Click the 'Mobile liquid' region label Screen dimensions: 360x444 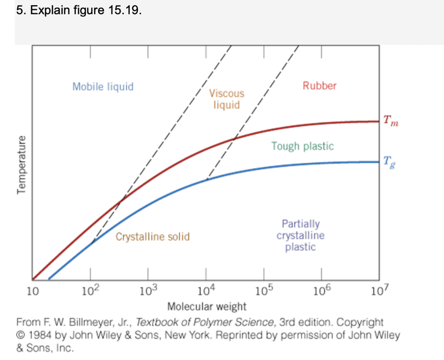[x=103, y=87]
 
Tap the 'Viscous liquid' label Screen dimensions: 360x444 [x=226, y=99]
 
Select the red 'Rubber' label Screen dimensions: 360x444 [x=320, y=86]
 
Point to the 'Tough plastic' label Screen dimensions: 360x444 [x=303, y=146]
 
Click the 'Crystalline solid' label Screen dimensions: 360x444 [x=153, y=237]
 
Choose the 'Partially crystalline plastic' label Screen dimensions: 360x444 [x=300, y=236]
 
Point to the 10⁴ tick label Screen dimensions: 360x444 [x=206, y=290]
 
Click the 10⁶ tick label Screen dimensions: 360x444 [x=321, y=290]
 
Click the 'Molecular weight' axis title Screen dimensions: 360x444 [x=207, y=307]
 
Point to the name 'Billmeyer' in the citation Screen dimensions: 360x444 [x=87, y=323]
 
